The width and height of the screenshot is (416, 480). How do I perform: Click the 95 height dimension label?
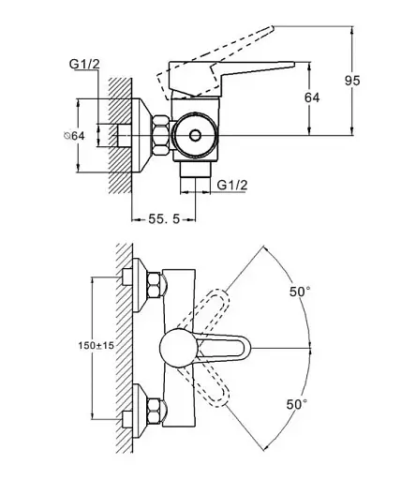[352, 81]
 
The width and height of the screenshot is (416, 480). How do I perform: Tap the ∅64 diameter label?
[74, 136]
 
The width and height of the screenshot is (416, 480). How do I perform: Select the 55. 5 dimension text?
[164, 219]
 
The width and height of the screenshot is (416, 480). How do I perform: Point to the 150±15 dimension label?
[96, 345]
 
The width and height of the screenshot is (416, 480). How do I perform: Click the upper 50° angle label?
[300, 292]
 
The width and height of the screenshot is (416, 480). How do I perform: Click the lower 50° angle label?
[297, 404]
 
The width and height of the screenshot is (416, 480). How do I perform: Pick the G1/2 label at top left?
[84, 64]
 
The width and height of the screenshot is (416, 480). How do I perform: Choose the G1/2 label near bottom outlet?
[232, 185]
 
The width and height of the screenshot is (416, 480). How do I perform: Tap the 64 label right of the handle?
[312, 97]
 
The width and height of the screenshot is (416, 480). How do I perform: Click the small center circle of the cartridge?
[196, 135]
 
